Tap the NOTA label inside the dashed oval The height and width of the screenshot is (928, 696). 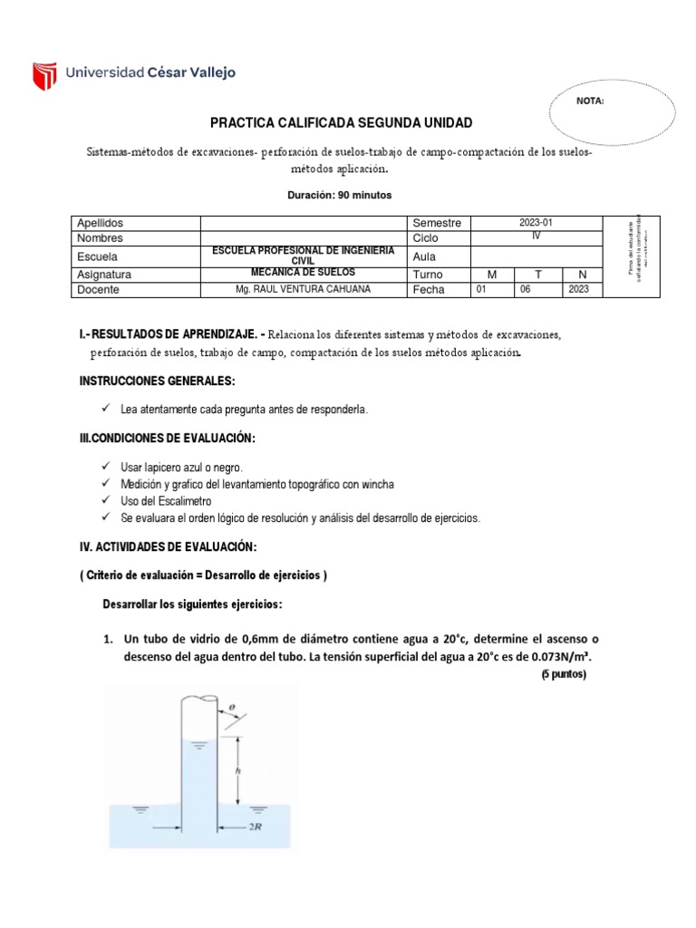tap(590, 101)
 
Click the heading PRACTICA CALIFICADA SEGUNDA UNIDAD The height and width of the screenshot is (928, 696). tap(341, 122)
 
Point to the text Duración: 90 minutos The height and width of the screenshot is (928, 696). tap(341, 195)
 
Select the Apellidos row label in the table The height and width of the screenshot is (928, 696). tap(100, 223)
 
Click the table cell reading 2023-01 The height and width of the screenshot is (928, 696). tap(536, 222)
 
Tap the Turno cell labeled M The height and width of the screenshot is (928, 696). tap(492, 274)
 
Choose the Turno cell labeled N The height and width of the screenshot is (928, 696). tap(582, 274)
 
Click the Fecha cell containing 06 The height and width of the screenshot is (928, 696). tap(536, 290)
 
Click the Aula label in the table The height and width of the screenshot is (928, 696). tap(425, 256)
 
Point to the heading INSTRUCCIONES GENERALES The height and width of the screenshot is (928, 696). tap(158, 382)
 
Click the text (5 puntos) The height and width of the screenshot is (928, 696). tap(564, 674)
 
